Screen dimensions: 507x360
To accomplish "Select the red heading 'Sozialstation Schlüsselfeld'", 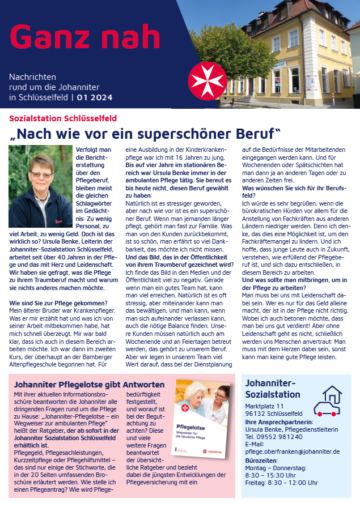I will tap(63, 118).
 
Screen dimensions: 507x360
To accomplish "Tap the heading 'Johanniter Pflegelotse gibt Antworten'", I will tap(89, 385).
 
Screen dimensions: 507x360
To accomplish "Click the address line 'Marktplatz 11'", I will tap(265, 407).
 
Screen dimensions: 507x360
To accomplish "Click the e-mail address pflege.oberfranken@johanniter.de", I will tap(292, 451).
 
